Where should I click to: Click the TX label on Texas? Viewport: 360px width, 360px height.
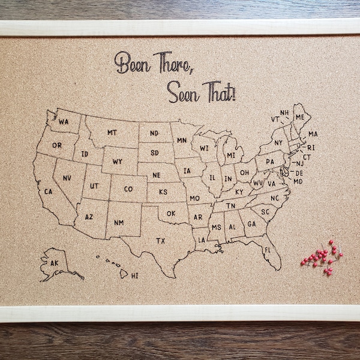click(161, 241)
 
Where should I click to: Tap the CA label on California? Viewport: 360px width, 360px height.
click(49, 192)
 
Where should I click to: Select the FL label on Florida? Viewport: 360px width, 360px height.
click(268, 249)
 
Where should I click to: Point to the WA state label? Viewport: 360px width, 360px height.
click(64, 122)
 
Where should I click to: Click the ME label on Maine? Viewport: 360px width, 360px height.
click(299, 116)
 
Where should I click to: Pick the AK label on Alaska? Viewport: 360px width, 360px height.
click(54, 263)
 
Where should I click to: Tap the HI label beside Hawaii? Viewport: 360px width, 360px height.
click(134, 275)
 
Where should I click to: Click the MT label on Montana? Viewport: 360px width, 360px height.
click(112, 132)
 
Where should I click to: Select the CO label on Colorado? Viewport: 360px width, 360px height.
click(128, 189)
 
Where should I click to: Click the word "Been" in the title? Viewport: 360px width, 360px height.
click(133, 64)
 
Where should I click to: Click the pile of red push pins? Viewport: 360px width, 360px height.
click(323, 257)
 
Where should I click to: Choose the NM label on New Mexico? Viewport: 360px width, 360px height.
click(119, 223)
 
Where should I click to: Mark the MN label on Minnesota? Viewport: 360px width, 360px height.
click(182, 140)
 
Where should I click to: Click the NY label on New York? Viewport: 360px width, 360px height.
click(278, 143)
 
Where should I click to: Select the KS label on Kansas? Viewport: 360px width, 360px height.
click(163, 192)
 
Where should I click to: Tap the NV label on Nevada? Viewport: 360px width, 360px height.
click(67, 178)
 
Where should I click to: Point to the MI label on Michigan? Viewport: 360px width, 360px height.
click(231, 155)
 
